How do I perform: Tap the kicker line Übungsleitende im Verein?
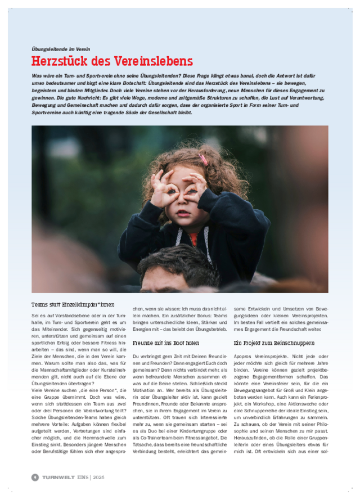tap(61, 49)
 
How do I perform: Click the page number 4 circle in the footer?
tap(35, 477)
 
